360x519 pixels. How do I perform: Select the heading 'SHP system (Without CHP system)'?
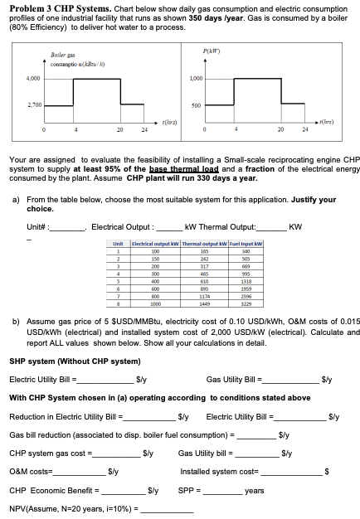[70, 362]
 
